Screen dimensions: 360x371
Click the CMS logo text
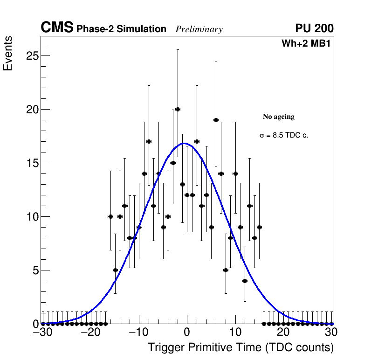coord(57,28)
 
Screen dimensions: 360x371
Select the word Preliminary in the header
coord(199,29)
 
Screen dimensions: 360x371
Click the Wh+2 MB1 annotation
coord(306,44)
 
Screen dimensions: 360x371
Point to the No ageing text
coord(279,117)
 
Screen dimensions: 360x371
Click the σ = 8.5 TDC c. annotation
coord(284,136)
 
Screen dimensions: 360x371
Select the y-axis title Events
coord(8,53)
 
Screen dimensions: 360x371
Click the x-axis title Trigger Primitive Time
coord(240,347)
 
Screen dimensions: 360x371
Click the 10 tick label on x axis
coord(235,332)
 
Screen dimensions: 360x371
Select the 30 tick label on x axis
coord(331,332)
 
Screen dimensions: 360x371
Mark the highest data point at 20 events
coord(178,109)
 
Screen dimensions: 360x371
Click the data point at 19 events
coord(216,120)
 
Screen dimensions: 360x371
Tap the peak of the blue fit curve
coord(185,143)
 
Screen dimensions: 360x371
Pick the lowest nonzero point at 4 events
coord(245,281)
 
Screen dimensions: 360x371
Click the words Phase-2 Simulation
coord(121,29)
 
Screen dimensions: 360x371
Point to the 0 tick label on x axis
coord(187,332)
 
